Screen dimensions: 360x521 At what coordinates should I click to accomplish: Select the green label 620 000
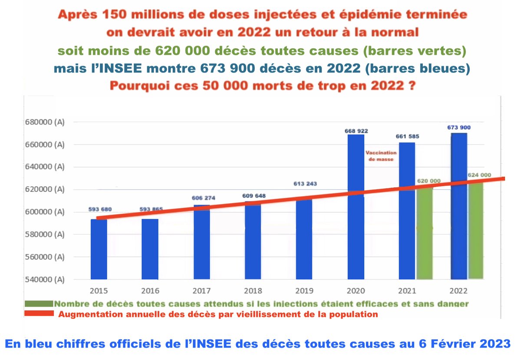click(x=429, y=181)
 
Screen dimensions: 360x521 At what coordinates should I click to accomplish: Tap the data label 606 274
click(x=203, y=198)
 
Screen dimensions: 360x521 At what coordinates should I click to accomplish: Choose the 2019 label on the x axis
click(x=304, y=290)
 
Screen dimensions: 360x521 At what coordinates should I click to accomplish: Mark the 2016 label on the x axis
click(x=150, y=290)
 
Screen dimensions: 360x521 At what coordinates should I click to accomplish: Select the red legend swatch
click(x=39, y=314)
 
